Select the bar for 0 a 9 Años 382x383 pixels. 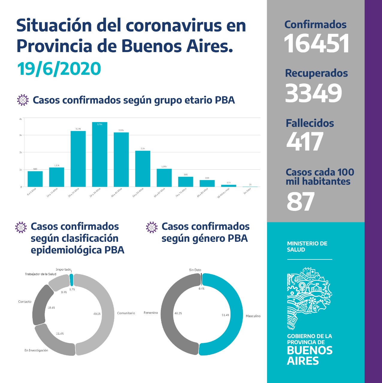(35, 179)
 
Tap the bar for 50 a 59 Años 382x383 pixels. (143, 169)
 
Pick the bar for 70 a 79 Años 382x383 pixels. (186, 182)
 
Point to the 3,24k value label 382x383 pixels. (78, 129)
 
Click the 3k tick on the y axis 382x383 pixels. (21, 135)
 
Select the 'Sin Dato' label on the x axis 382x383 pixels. (247, 191)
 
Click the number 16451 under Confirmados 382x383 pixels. (316, 44)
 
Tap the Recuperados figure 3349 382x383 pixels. (313, 93)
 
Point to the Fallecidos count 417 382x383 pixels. (305, 142)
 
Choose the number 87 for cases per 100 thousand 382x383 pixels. (301, 202)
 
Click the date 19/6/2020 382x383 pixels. (59, 69)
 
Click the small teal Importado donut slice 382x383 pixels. (71, 279)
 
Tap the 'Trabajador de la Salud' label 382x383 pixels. (40, 274)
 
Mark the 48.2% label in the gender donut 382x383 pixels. (178, 313)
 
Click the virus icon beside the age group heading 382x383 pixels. (23, 100)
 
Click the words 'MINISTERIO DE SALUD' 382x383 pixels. (307, 247)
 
